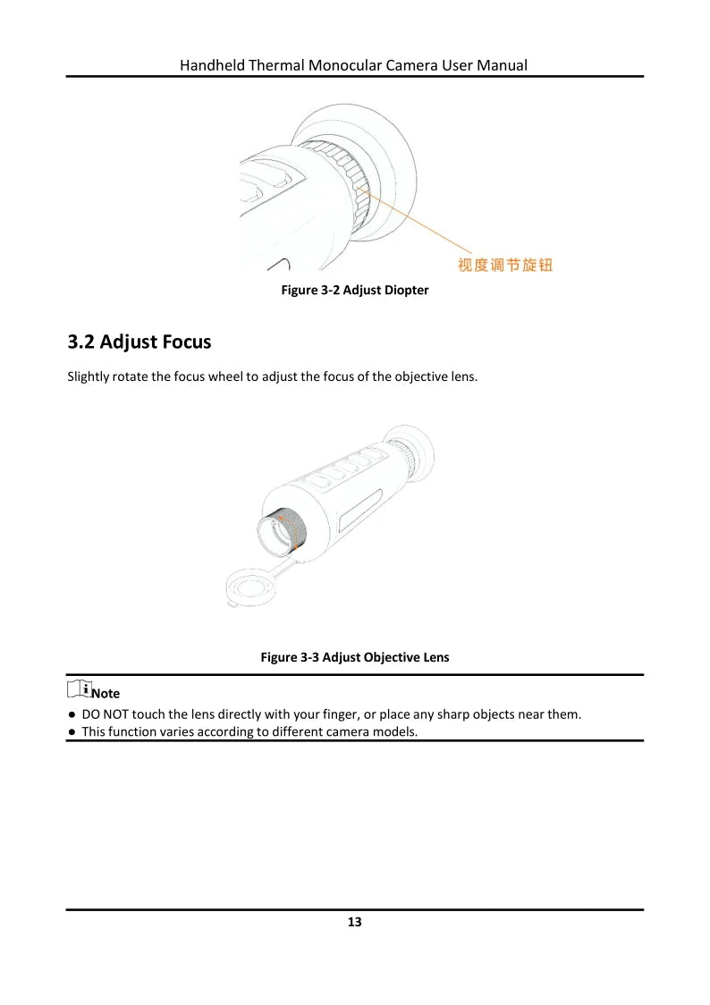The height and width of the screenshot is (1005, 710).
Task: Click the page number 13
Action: [355, 922]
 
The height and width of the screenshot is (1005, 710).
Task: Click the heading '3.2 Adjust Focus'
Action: [139, 342]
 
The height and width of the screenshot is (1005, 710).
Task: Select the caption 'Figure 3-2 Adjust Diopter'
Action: [355, 291]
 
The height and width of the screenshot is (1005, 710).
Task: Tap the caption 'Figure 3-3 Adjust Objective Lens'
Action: [355, 657]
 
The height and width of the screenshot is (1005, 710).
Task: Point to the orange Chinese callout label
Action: [505, 265]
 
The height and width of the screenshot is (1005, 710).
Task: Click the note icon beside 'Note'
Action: [78, 688]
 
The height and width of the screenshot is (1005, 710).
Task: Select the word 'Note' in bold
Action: [106, 694]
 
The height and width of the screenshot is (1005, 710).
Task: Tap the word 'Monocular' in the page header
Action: [347, 65]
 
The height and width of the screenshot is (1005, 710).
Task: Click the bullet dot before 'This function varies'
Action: [71, 731]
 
